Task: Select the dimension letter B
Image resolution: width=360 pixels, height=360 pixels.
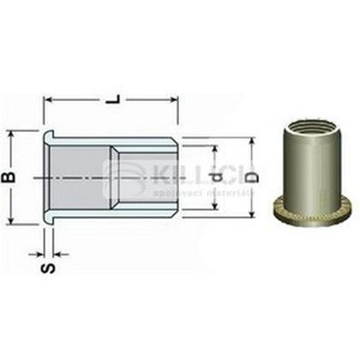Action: (x=11, y=177)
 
